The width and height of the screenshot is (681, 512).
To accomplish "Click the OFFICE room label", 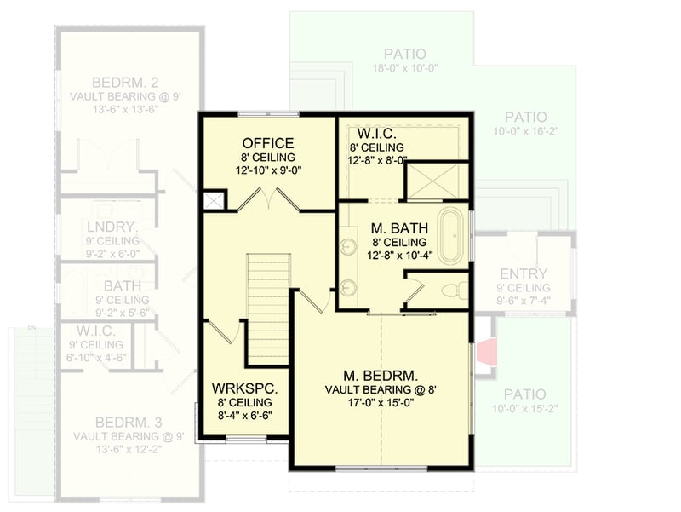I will (x=268, y=143).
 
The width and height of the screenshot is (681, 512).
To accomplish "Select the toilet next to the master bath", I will (x=458, y=289).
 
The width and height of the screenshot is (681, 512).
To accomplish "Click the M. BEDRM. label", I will (x=381, y=375).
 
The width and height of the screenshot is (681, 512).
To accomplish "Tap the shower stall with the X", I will (x=435, y=181).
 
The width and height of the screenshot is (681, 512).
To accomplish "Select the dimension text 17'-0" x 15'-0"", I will (x=381, y=405).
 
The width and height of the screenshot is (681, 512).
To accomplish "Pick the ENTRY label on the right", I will (x=524, y=273).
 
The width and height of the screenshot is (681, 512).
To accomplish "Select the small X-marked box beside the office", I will (x=215, y=201).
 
